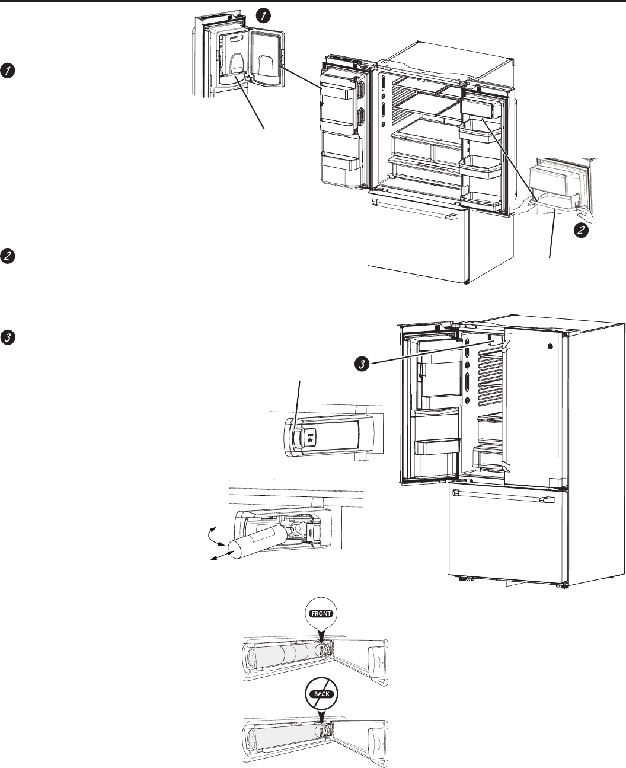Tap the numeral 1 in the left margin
tap(8, 71)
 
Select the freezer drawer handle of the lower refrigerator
tap(502, 502)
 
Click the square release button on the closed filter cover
tap(296, 437)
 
